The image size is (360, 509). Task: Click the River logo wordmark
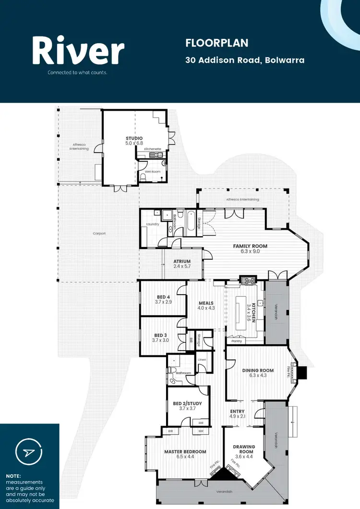click(x=78, y=52)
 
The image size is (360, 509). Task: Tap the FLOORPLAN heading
click(x=216, y=43)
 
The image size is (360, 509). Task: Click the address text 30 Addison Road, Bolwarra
click(x=245, y=60)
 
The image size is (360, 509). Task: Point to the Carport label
click(x=99, y=234)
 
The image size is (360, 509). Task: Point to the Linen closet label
click(x=202, y=359)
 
